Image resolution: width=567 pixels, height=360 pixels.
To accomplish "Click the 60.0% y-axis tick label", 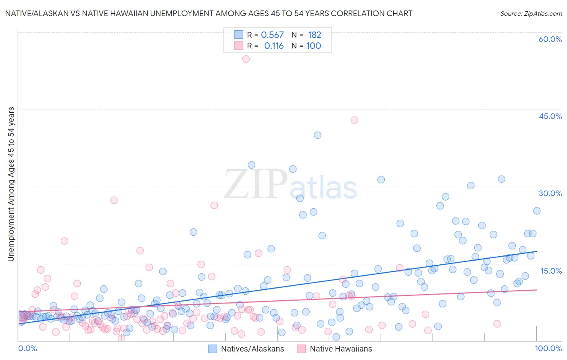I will [550, 39].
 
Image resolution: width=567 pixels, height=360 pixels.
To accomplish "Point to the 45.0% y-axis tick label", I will [550, 116].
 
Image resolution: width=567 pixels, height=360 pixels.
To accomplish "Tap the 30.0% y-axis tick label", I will [550, 193].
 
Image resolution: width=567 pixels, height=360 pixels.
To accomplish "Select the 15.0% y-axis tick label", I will [551, 271].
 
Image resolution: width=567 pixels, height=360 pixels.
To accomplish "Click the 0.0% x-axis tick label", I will [27, 348].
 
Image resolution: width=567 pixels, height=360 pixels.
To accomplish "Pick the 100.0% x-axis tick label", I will [548, 348].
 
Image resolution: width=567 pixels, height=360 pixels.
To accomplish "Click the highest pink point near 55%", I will [246, 59].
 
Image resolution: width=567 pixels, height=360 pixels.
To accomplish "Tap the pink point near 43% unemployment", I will [354, 120].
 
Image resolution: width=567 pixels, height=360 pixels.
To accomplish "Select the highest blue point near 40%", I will [317, 135].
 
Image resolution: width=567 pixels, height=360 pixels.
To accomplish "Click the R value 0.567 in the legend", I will [273, 35].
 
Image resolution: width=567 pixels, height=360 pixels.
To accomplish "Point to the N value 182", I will [314, 35].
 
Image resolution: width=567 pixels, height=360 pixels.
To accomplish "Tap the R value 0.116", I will [274, 46].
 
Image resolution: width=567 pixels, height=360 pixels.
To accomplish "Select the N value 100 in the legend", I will [313, 46].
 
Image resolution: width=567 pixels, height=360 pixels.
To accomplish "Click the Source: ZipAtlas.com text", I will [531, 14].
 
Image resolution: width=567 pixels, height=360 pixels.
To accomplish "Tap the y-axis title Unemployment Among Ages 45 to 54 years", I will [11, 184].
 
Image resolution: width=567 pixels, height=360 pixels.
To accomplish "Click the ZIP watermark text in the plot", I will [256, 185].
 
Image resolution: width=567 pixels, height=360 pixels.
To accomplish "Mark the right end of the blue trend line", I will [537, 251].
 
